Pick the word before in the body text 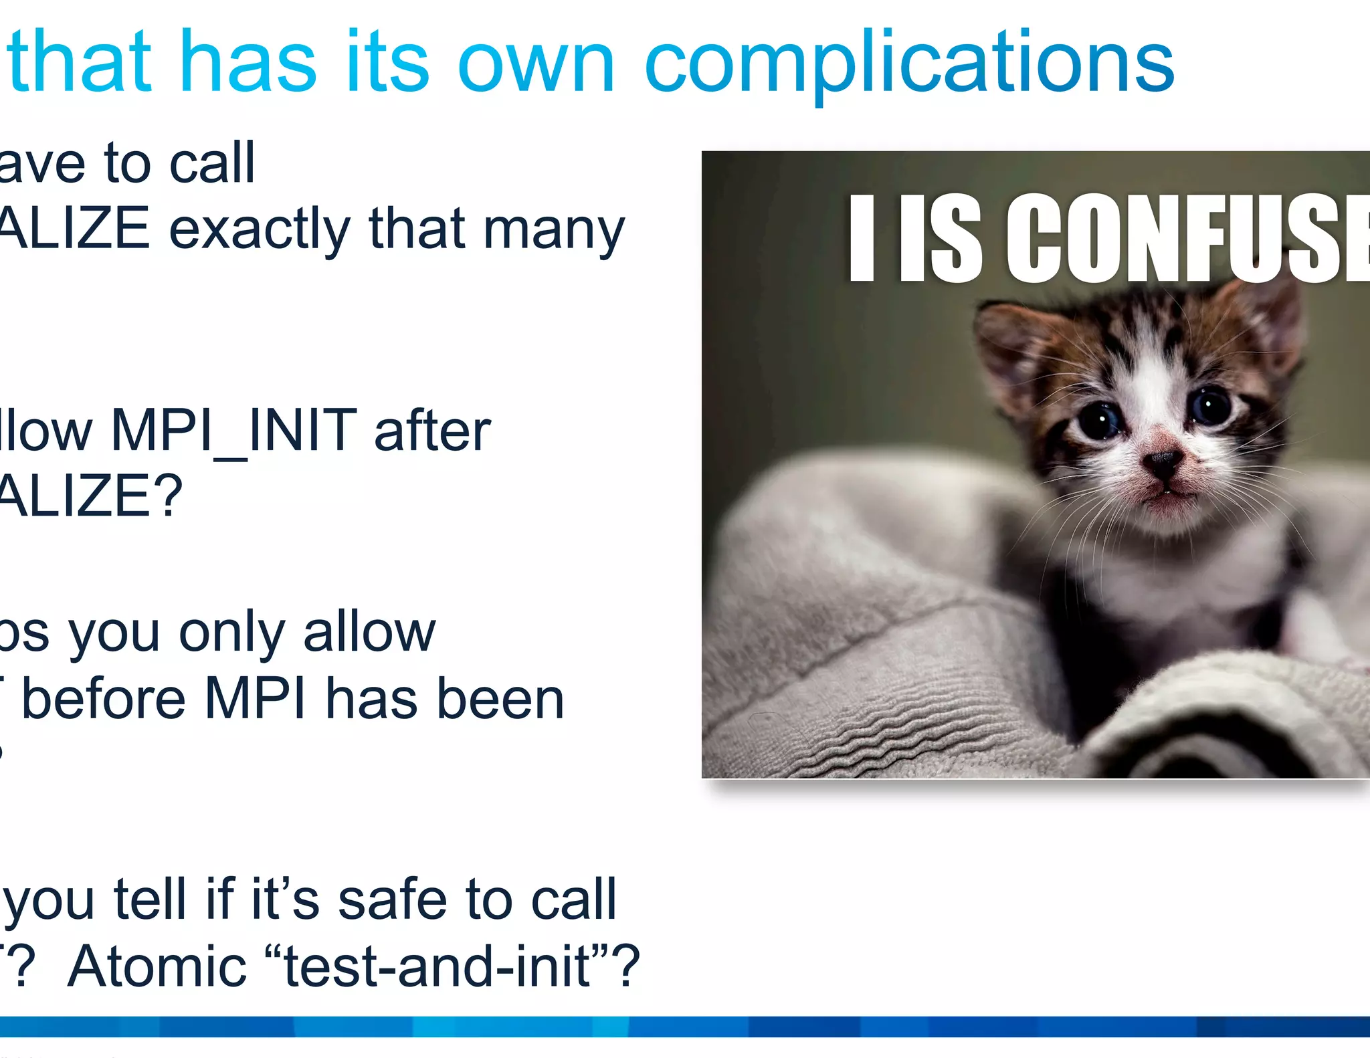[x=103, y=699]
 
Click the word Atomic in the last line [x=157, y=966]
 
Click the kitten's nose [x=1163, y=460]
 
